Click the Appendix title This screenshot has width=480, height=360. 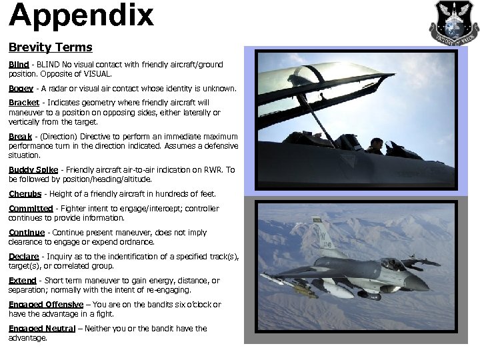click(81, 16)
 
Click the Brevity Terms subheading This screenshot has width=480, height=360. click(50, 48)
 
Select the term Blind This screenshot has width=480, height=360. click(19, 65)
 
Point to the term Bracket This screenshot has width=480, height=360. click(24, 103)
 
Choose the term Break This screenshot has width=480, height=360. click(21, 137)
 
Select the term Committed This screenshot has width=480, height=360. click(31, 209)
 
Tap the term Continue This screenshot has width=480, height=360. click(27, 233)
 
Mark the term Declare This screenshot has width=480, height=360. click(24, 257)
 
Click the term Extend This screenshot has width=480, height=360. click(22, 281)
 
